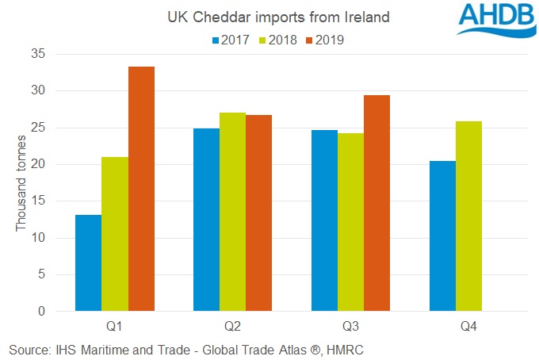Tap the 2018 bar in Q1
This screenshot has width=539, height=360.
(x=115, y=234)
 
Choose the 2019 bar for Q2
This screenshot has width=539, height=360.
(x=259, y=213)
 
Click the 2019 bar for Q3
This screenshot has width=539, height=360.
(x=377, y=203)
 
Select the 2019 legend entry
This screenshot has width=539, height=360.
(x=327, y=39)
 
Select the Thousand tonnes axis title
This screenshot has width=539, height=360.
(x=21, y=184)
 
